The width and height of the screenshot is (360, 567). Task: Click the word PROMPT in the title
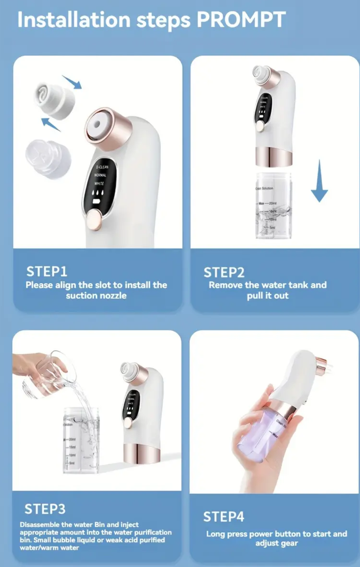pos(241,19)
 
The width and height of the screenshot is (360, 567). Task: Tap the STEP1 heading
pos(46,272)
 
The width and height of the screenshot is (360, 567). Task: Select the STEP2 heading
pos(224,273)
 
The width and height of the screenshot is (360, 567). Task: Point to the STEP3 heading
pos(45,509)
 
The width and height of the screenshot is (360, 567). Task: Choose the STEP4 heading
pos(224,516)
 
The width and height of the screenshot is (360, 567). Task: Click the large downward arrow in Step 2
pos(319,181)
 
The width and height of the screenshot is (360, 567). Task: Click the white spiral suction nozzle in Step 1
pos(55,98)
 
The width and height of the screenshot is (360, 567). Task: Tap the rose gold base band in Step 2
pos(273,156)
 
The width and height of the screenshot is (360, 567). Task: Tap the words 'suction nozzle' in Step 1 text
pos(96,296)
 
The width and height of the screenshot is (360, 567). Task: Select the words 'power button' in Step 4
pos(280,534)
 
